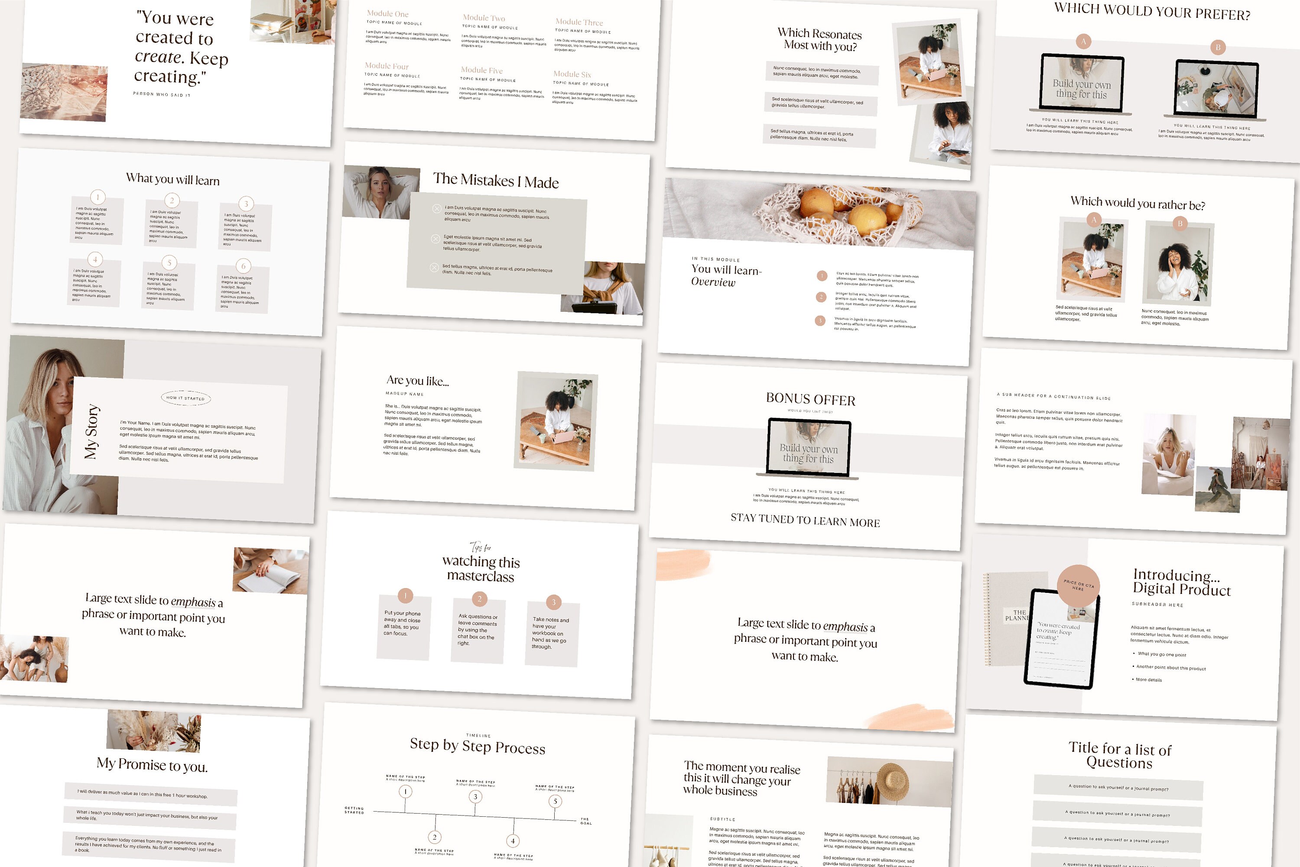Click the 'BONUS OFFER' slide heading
(x=810, y=399)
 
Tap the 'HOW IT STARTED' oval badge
(x=185, y=398)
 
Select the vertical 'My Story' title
(x=91, y=432)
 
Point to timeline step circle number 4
(x=513, y=841)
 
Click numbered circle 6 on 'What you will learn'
(x=244, y=266)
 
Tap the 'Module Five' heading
(x=482, y=70)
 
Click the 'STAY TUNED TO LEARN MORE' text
(x=805, y=520)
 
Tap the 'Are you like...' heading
(x=418, y=380)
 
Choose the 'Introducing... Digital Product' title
(x=1181, y=583)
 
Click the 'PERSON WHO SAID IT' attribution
(x=162, y=94)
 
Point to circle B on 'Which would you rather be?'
(x=1180, y=223)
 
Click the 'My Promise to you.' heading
(x=152, y=765)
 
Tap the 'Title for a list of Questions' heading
(x=1120, y=755)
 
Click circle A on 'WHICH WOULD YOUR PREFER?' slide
(x=1083, y=42)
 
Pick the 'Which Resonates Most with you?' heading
(x=820, y=40)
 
